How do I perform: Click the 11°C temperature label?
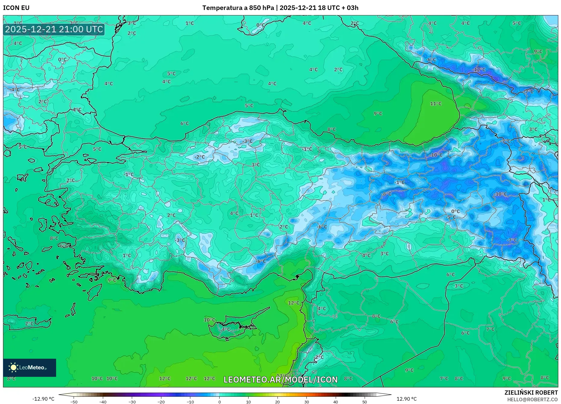pyautogui.click(x=436, y=104)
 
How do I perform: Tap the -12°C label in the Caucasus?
pyautogui.click(x=479, y=69)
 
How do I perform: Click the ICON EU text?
pyautogui.click(x=16, y=8)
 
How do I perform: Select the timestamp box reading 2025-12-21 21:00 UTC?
pyautogui.click(x=54, y=29)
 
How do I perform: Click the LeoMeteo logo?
pyautogui.click(x=29, y=367)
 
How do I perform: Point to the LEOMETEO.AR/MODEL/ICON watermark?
pyautogui.click(x=280, y=380)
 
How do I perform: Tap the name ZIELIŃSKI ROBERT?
pyautogui.click(x=531, y=393)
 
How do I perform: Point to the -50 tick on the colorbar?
pyautogui.click(x=74, y=402)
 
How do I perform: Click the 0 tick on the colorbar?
pyautogui.click(x=219, y=402)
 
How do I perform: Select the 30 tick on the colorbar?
pyautogui.click(x=306, y=402)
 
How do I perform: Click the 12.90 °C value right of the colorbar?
pyautogui.click(x=406, y=399)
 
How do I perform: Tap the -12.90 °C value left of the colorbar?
pyautogui.click(x=43, y=399)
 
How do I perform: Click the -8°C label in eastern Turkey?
pyautogui.click(x=386, y=194)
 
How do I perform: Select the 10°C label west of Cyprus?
pyautogui.click(x=209, y=320)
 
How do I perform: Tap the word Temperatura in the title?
pyautogui.click(x=222, y=8)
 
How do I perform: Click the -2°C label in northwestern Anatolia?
pyautogui.click(x=199, y=157)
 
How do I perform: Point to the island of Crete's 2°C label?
pyautogui.click(x=29, y=323)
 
